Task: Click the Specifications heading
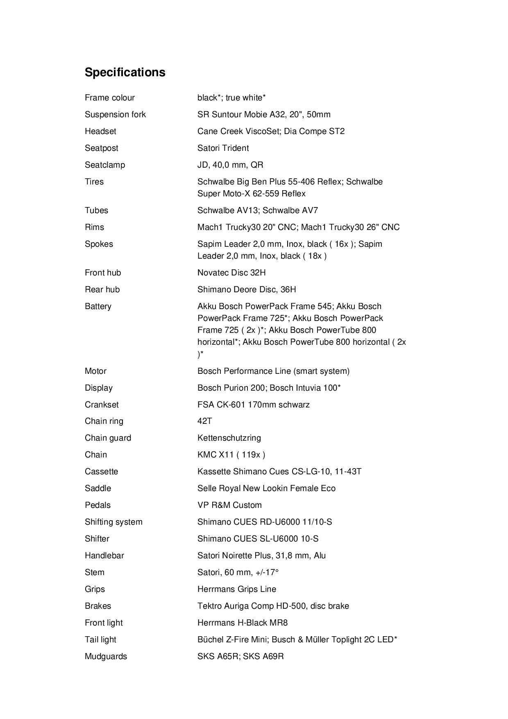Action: click(x=125, y=72)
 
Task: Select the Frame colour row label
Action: click(x=109, y=98)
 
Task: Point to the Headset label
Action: click(x=100, y=131)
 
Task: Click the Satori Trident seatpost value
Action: click(x=223, y=148)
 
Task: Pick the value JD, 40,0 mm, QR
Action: click(x=230, y=165)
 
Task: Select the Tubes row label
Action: click(x=96, y=210)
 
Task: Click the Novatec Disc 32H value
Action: click(x=231, y=273)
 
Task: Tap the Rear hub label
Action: click(x=102, y=289)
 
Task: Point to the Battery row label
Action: click(x=98, y=306)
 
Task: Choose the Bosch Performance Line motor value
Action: click(x=273, y=371)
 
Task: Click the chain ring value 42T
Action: click(x=204, y=421)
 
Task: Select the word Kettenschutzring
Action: click(x=229, y=438)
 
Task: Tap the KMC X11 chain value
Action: click(x=231, y=455)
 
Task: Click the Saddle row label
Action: click(x=98, y=488)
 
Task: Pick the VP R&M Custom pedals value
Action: click(x=229, y=505)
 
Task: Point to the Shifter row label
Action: click(x=97, y=539)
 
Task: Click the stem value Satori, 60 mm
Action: click(x=238, y=572)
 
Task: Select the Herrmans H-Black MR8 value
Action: click(x=243, y=623)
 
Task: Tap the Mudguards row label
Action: click(x=106, y=656)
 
